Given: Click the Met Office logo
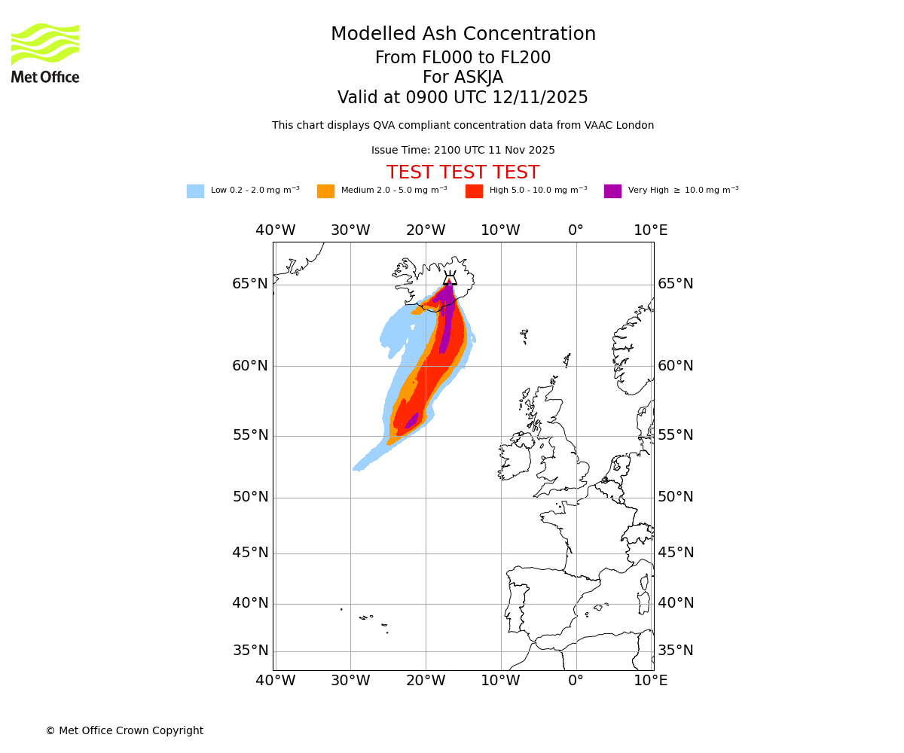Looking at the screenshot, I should click(45, 53).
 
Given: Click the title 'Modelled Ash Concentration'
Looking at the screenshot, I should click(463, 35).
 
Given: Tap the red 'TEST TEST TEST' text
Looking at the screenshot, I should click(463, 173).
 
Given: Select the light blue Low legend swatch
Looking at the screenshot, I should click(195, 191).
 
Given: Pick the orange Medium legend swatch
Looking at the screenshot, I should click(325, 191).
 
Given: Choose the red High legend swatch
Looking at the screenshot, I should click(474, 191).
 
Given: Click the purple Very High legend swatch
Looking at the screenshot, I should click(612, 191).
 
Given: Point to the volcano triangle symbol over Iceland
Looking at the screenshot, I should click(450, 279).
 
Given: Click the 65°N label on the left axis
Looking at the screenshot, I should click(250, 284).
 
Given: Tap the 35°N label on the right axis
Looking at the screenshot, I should click(676, 651).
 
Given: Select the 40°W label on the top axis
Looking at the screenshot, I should click(275, 230).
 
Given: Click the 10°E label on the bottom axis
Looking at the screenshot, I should click(650, 681).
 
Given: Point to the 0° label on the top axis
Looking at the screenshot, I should click(576, 230).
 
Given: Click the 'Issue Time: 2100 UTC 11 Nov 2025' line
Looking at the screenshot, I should click(463, 151).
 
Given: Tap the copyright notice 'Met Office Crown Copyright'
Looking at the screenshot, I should click(124, 731).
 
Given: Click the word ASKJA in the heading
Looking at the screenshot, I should click(478, 78).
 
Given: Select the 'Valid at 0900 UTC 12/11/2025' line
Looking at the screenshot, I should click(463, 98).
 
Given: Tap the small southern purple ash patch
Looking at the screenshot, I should click(411, 421).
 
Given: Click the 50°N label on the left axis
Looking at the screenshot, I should click(250, 497).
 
